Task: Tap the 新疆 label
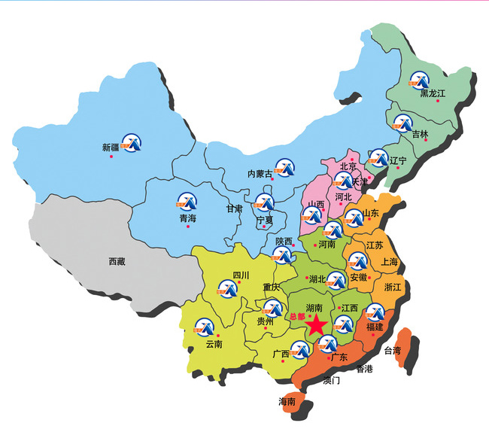point(111,148)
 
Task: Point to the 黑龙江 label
point(433,93)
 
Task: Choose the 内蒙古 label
point(260,173)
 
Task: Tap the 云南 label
point(214,345)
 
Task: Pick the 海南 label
point(287,401)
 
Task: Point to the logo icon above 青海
point(185,201)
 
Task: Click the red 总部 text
point(297,317)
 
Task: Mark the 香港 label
point(364,369)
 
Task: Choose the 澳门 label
point(332,381)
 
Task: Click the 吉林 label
point(420,135)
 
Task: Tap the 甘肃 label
point(235,208)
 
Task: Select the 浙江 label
point(393,287)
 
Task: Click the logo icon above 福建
point(373,312)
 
